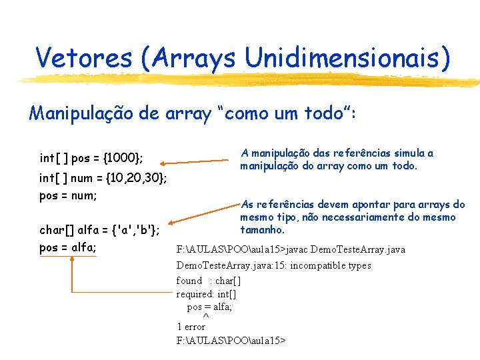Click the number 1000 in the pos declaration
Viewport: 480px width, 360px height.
pos(122,159)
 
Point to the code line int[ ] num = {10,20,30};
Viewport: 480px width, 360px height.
pos(103,179)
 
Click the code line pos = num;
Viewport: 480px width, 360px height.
pos(68,196)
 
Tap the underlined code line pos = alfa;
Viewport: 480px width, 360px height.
pos(67,248)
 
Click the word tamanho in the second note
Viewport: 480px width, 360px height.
pos(262,229)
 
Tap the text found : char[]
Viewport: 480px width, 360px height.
pos(208,281)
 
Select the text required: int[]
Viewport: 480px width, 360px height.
pos(206,293)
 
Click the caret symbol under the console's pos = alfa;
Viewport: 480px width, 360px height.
pos(205,316)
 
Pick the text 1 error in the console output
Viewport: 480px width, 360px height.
pos(191,327)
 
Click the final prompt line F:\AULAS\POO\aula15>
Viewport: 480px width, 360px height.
pos(230,340)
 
